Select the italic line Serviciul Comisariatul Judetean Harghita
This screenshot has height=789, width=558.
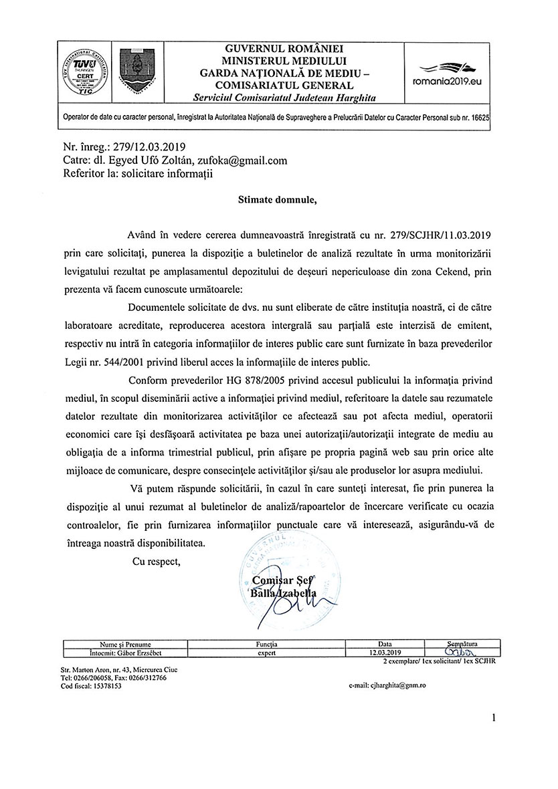[x=284, y=98]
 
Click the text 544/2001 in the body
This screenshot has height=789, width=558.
[x=111, y=362]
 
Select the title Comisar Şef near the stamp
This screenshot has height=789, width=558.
[x=282, y=580]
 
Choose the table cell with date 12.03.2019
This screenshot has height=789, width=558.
[x=385, y=651]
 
